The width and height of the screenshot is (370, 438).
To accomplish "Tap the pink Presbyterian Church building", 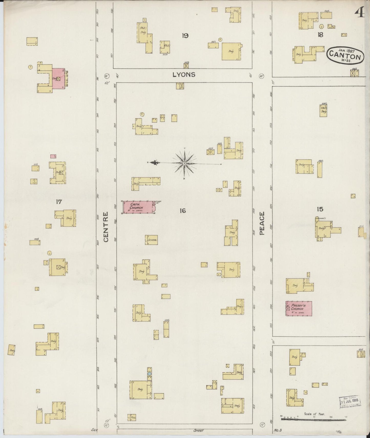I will (x=299, y=308).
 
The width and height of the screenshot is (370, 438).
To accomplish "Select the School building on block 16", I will (x=151, y=240).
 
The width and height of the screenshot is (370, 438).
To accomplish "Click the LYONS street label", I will (x=184, y=75).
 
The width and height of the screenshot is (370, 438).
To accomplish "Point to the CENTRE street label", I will (x=106, y=227).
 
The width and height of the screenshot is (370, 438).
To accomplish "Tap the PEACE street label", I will (x=262, y=223).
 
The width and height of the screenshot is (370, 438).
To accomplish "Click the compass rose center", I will (x=184, y=163).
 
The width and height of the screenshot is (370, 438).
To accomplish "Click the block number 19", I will (x=185, y=36).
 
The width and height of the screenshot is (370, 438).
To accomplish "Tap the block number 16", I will (x=183, y=211).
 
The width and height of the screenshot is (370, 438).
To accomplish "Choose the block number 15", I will (x=320, y=210).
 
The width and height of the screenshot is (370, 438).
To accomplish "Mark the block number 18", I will (x=320, y=35).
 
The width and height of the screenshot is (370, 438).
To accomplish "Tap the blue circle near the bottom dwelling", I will (x=149, y=374).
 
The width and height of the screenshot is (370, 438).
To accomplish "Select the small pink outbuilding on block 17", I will (x=53, y=156).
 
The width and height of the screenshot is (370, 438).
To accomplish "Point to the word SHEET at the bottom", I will (x=198, y=431).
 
